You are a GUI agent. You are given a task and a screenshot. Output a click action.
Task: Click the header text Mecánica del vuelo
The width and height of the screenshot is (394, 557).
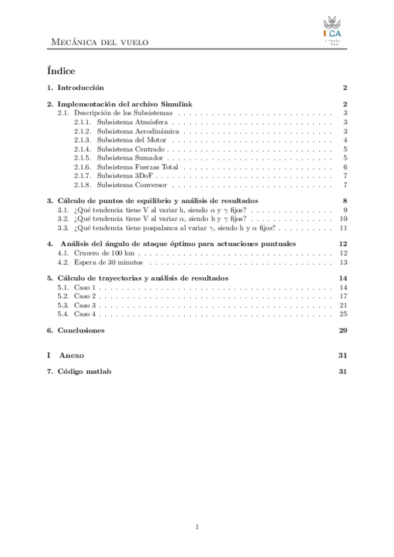100,43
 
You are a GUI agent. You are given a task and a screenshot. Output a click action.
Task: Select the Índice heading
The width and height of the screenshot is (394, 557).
61,70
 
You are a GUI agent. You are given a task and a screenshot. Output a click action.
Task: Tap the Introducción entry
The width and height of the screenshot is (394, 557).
81,87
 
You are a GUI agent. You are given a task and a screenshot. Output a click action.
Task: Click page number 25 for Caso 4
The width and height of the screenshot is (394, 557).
343,313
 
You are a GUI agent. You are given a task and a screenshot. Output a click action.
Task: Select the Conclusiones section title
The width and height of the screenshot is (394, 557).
81,330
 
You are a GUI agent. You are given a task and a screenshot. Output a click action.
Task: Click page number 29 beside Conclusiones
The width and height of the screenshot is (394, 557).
343,330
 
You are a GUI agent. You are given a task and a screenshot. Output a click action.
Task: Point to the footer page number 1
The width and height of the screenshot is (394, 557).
197,527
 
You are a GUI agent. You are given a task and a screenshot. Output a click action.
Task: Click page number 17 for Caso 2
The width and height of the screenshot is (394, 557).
343,296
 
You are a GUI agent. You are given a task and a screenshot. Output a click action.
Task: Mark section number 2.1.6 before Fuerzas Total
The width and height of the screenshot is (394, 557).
82,166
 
